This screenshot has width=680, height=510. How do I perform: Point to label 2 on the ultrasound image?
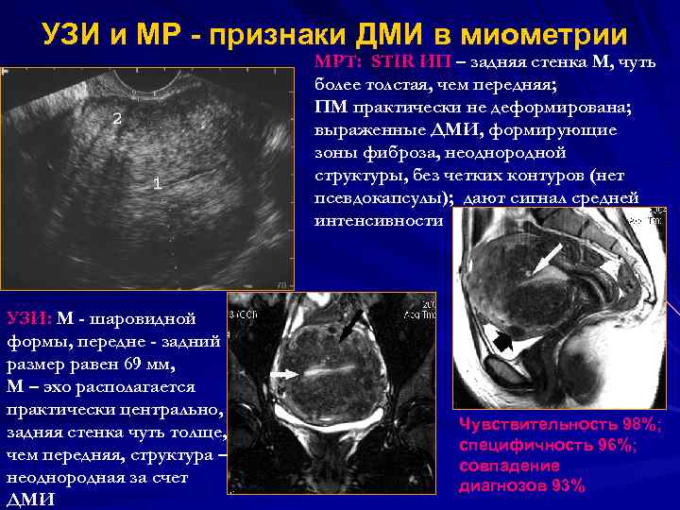point(117,119)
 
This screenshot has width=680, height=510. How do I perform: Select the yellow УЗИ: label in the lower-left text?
point(29,318)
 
